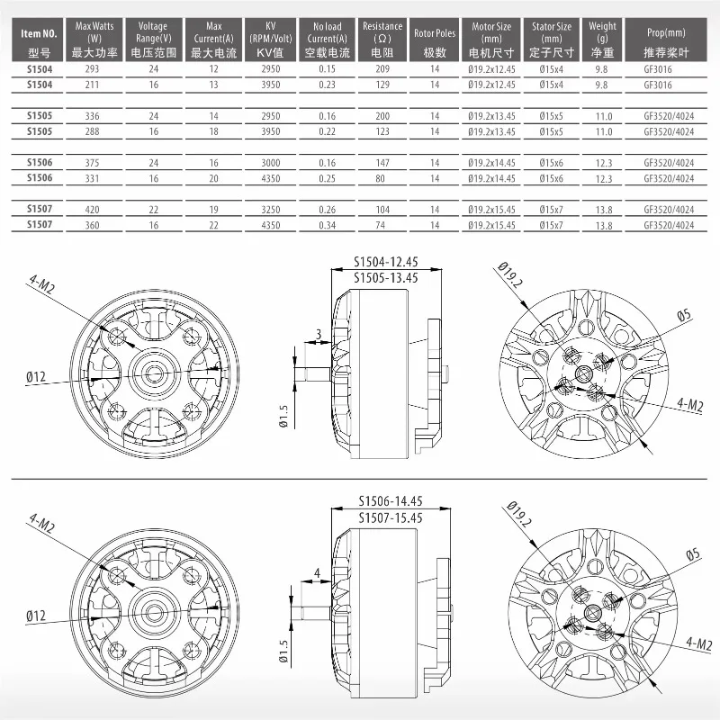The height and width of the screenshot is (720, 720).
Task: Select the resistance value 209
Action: [382, 68]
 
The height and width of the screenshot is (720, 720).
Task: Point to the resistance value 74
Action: [382, 223]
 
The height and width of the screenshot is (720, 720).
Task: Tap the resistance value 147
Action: [382, 163]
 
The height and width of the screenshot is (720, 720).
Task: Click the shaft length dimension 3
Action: [318, 335]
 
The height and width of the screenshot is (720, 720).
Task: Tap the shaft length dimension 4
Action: [316, 572]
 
